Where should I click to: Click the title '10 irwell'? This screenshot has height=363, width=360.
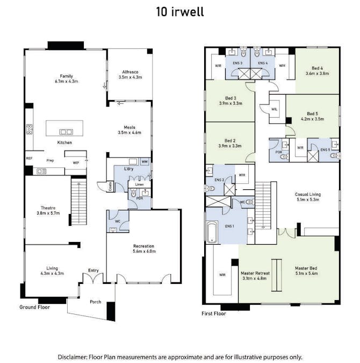click(x=180, y=12)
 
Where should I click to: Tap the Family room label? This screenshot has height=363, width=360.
click(x=67, y=79)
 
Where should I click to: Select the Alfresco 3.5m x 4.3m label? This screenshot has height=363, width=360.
click(x=130, y=75)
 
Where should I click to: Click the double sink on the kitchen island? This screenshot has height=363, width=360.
click(x=66, y=132)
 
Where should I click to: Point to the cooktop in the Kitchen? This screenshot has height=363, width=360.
click(x=30, y=129)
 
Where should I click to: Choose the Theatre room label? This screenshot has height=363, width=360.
click(x=48, y=210)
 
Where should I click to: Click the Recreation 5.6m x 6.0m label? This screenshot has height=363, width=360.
click(x=144, y=248)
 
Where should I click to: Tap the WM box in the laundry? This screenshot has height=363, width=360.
click(x=145, y=161)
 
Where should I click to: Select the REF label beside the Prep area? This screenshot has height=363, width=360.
click(x=29, y=158)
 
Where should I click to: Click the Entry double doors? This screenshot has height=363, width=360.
click(x=93, y=278)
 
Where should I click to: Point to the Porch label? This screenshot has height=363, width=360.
click(x=95, y=302)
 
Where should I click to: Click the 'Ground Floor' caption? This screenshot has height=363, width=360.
click(x=34, y=307)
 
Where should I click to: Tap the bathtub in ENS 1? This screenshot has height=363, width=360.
click(x=212, y=232)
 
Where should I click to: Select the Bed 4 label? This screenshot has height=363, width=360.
click(x=317, y=70)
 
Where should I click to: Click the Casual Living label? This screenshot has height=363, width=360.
click(x=308, y=197)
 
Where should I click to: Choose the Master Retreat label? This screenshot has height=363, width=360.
click(x=255, y=275)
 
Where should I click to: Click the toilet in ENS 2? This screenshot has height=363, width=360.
click(x=210, y=189)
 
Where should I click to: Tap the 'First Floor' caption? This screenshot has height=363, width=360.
click(x=214, y=314)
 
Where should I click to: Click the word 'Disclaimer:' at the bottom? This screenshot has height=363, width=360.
click(x=73, y=357)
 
